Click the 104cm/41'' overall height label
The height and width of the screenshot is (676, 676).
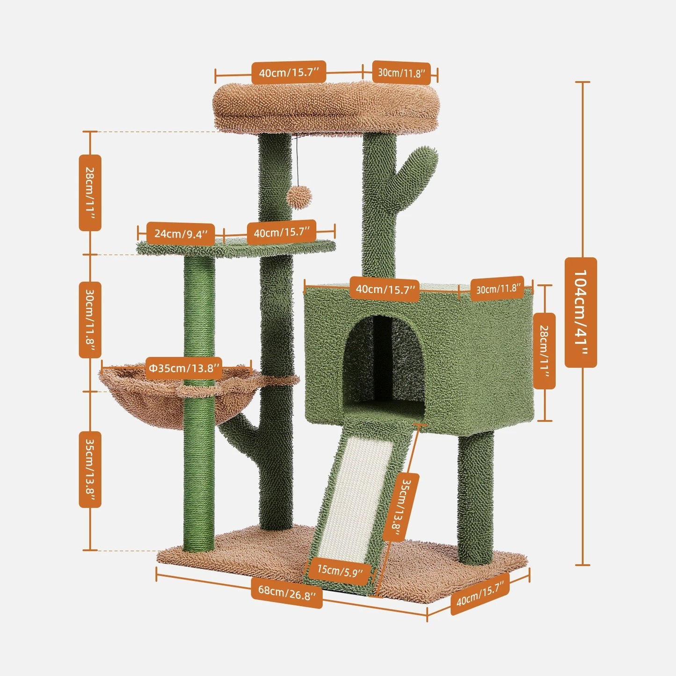[x=581, y=312]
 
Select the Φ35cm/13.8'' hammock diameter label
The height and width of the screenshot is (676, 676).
[x=184, y=368]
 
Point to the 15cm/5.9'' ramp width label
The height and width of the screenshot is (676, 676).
[x=340, y=570]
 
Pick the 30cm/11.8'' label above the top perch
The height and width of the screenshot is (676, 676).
[x=401, y=73]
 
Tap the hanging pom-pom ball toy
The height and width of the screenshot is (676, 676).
[x=299, y=198]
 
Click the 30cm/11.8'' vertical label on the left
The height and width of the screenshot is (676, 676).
[x=90, y=320]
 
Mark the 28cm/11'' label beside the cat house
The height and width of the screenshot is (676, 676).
[x=544, y=351]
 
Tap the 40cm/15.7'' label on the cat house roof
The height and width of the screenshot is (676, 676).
[x=385, y=290]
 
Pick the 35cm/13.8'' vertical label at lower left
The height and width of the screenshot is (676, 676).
[x=90, y=469]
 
